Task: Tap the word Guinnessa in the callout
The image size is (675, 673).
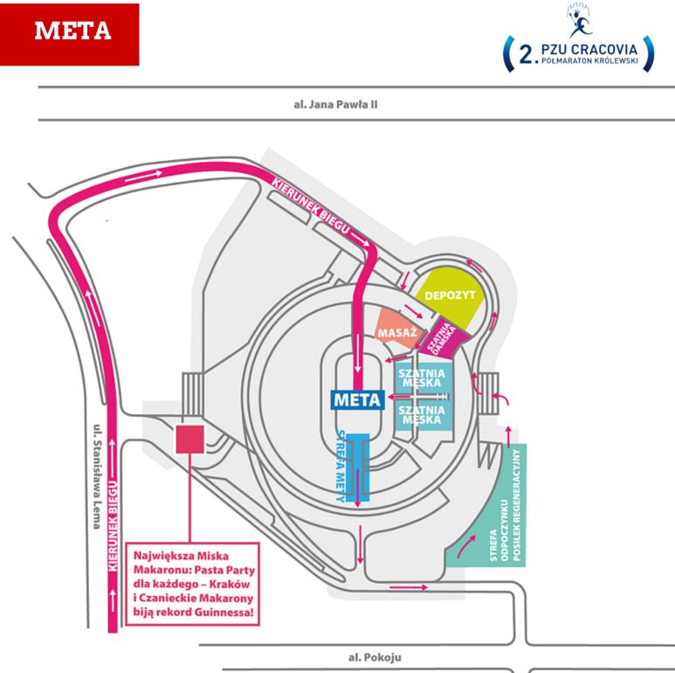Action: click(227, 615)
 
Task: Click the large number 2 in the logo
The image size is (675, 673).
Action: click(525, 56)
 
